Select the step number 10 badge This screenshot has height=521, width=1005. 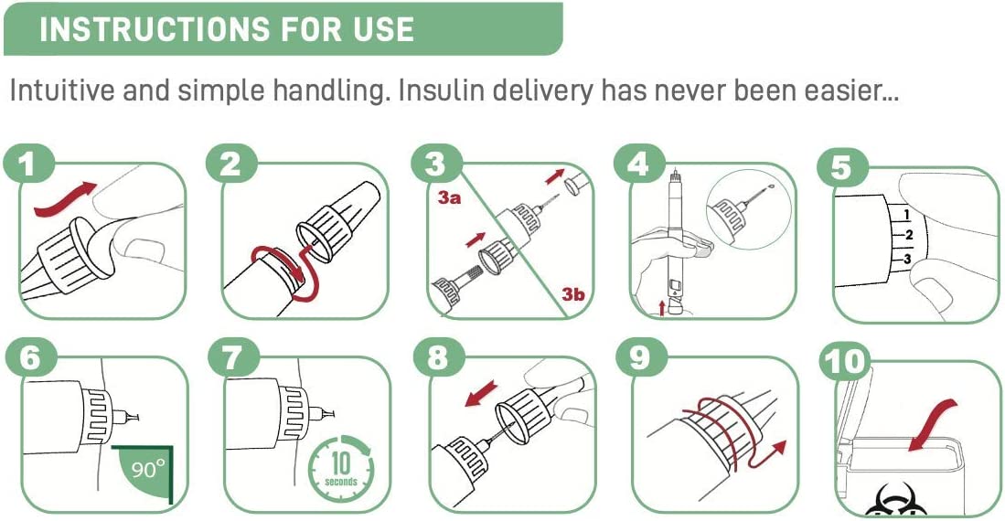[x=845, y=362]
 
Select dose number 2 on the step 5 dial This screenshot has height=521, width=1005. [x=908, y=236]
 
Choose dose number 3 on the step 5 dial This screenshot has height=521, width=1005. [x=907, y=260]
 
